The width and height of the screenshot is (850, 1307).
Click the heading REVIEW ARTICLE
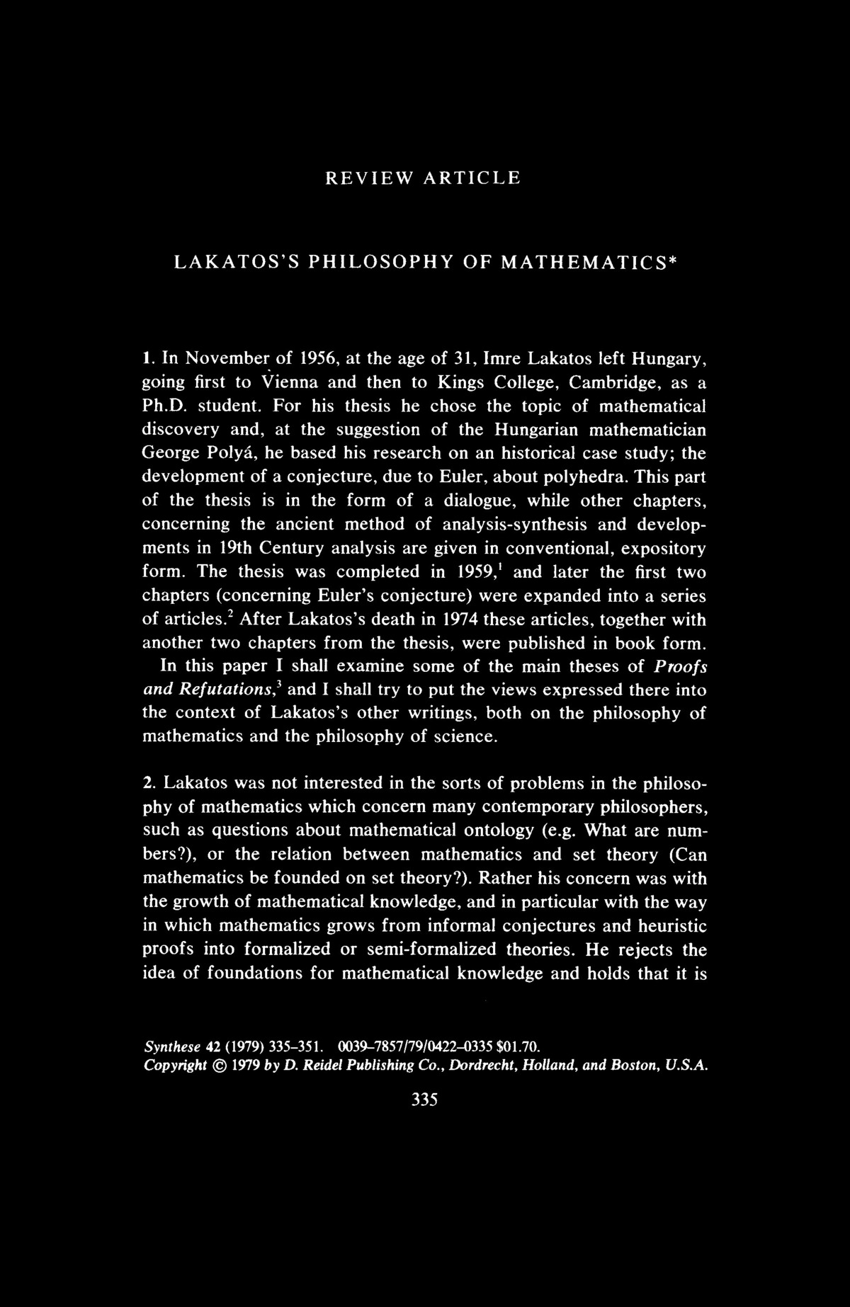click(423, 178)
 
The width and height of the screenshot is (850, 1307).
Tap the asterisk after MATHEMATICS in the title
click(674, 260)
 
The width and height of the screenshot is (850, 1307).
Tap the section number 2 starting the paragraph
click(148, 784)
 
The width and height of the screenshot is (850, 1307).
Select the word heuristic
click(672, 925)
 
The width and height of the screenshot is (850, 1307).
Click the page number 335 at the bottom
click(424, 1100)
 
